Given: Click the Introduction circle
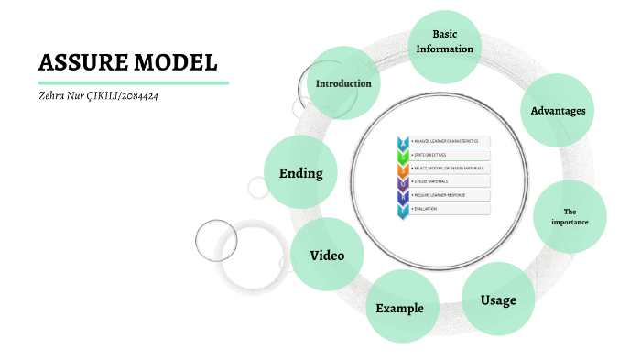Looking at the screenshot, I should [343, 83].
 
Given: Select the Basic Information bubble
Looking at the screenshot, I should [444, 43].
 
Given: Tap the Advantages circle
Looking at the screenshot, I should [558, 111].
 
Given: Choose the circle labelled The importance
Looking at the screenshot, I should [570, 216].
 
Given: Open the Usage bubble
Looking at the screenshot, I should [499, 300].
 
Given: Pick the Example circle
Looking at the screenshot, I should [399, 307].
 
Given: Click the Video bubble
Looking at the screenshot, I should [327, 255].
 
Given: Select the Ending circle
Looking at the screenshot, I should [300, 173].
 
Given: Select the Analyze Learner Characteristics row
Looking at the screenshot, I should [449, 141].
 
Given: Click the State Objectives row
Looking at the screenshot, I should [449, 155].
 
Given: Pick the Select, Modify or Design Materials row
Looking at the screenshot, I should [449, 169].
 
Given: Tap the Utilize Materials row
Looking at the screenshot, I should [449, 182].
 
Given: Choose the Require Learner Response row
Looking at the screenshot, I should [449, 196].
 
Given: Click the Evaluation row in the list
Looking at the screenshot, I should [449, 210].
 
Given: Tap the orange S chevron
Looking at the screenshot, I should [402, 169].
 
